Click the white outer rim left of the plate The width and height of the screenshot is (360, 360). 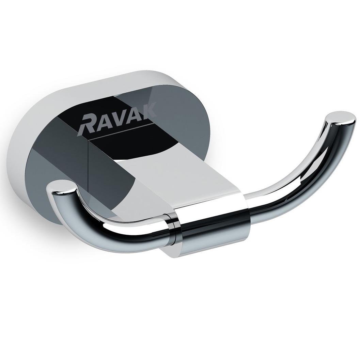[x=24, y=143]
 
